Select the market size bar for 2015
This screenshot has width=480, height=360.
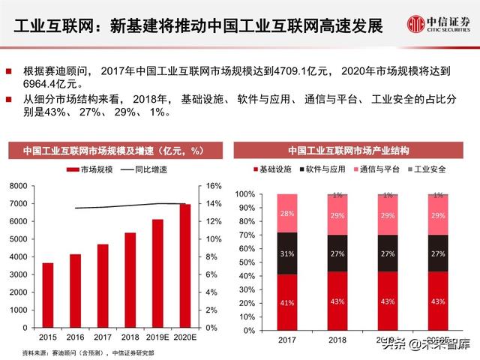coord(48,295)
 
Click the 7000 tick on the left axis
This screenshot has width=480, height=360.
coord(19,204)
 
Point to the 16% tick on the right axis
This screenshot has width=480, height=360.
coord(214,186)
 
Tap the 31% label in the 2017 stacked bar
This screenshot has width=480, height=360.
coord(287,253)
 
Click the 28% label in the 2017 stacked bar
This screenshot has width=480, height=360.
coord(287,213)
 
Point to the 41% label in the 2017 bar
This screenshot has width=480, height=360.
coord(287,302)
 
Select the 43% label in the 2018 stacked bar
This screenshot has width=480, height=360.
coord(337,301)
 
